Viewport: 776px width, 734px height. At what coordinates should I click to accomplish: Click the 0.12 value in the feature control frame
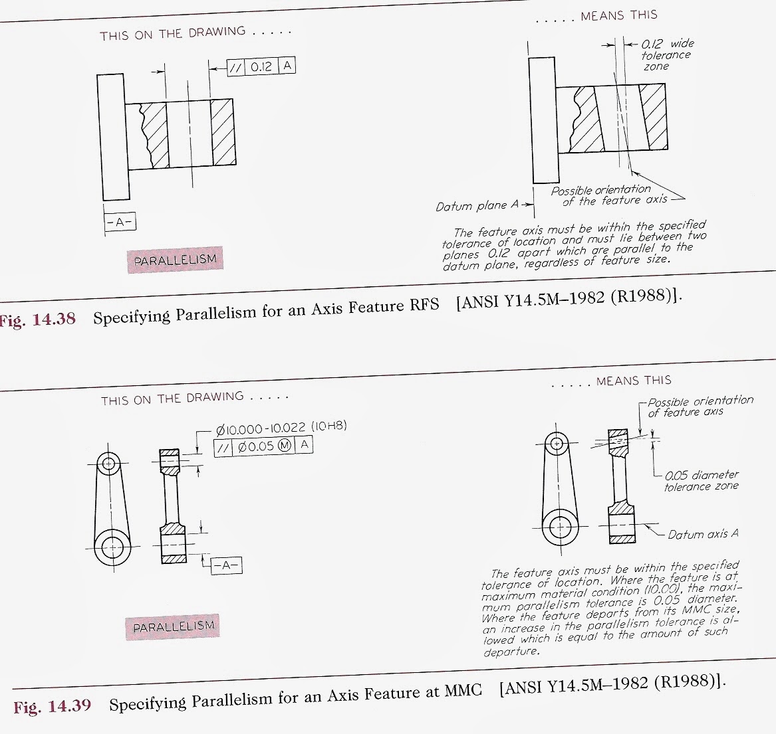pos(262,66)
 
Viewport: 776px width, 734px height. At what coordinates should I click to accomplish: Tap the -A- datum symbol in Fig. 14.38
pos(120,223)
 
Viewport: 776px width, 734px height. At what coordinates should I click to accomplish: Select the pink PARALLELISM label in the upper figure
pos(175,260)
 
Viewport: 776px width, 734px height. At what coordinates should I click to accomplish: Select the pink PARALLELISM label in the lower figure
pos(174,626)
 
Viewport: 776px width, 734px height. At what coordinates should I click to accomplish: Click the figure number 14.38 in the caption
pos(54,319)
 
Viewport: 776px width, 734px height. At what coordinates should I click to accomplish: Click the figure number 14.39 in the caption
pos(70,705)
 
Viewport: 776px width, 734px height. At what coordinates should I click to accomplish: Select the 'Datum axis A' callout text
pos(703,534)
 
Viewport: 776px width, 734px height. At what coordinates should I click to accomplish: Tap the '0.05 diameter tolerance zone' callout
pos(701,481)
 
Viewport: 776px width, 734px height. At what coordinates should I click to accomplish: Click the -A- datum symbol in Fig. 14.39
pos(227,565)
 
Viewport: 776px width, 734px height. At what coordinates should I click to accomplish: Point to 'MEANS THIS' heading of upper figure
pos(618,15)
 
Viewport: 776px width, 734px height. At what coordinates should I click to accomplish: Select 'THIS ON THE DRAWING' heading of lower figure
pos(172,399)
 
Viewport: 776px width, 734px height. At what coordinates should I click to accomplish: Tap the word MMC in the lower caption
pos(463,691)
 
